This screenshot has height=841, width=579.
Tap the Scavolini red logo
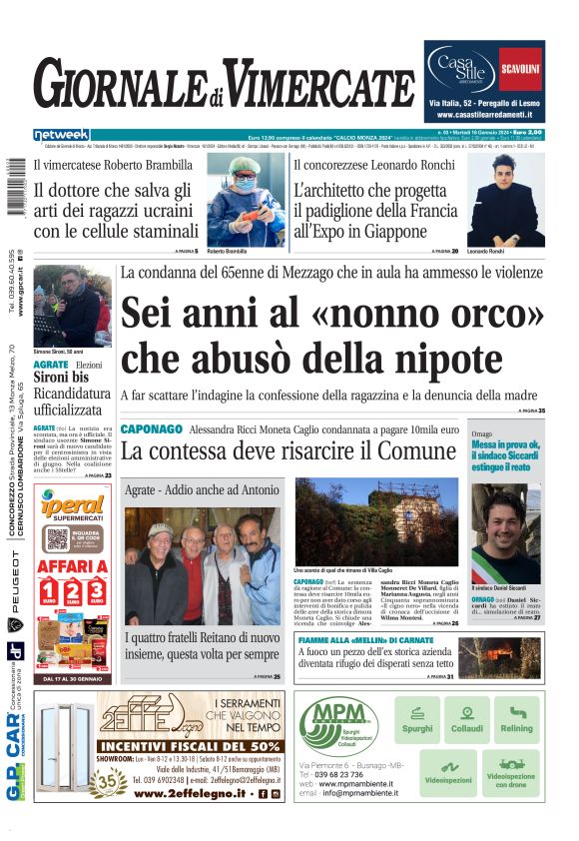(x=520, y=69)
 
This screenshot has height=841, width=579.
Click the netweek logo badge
(x=61, y=135)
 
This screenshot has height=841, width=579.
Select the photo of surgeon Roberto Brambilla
(x=245, y=199)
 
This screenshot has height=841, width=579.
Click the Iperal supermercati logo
(x=73, y=507)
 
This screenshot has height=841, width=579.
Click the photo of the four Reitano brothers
(x=203, y=566)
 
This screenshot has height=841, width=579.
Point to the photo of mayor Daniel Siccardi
(x=505, y=536)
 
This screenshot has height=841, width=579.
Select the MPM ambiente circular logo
(x=337, y=728)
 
